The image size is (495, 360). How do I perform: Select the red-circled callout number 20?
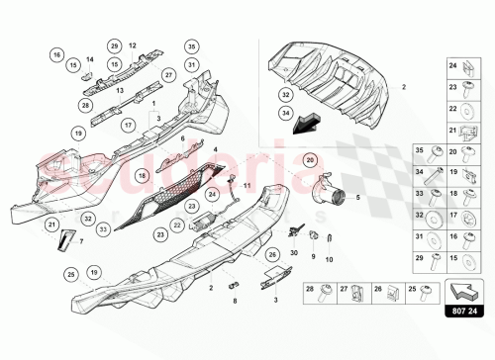point(310,160)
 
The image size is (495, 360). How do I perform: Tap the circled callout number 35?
point(191,45)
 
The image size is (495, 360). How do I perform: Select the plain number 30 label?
point(294,253)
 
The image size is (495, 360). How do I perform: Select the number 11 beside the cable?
point(248,185)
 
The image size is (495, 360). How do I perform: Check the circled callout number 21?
point(51,225)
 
